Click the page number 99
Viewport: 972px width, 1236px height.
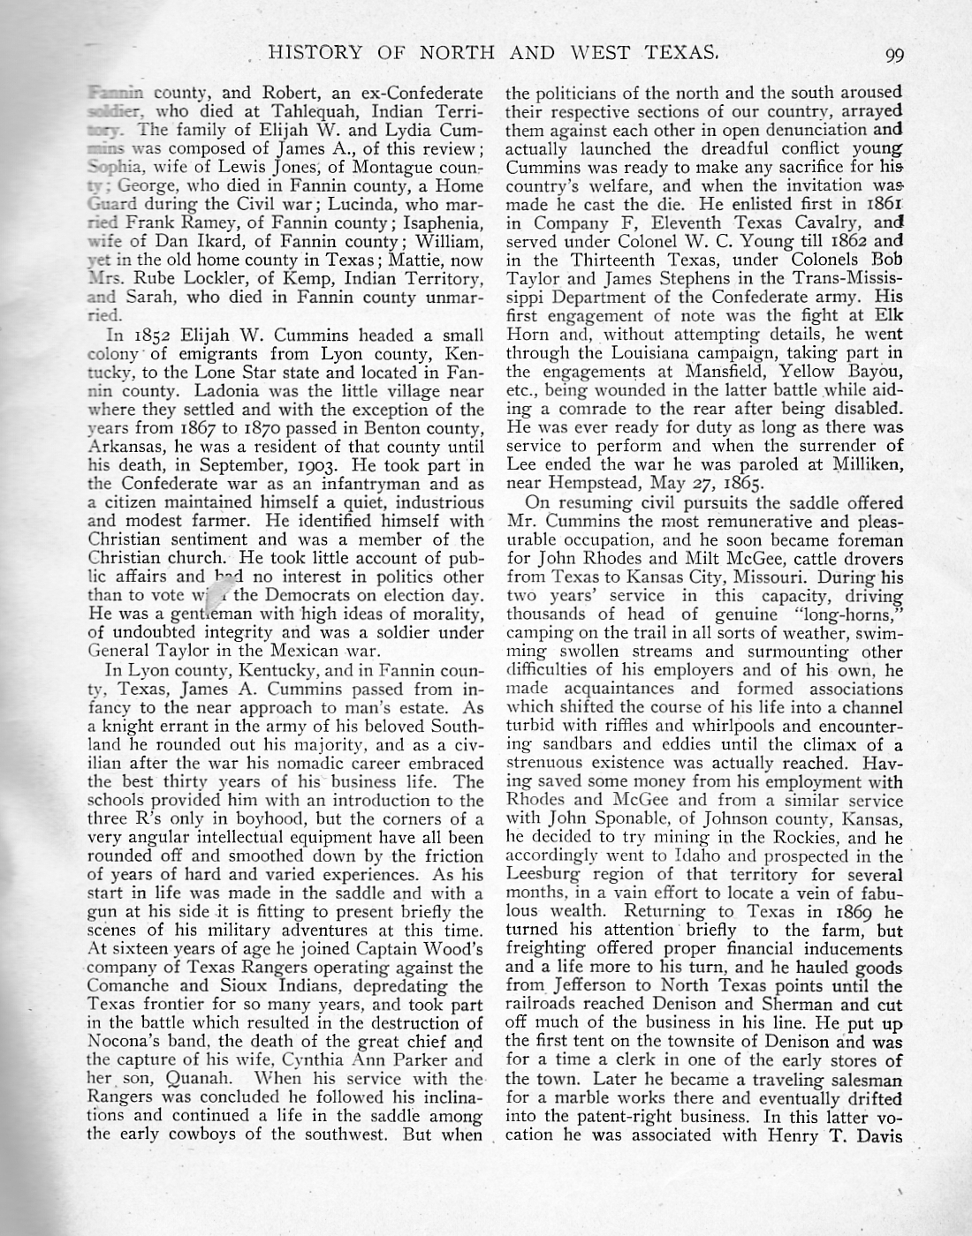pyautogui.click(x=894, y=54)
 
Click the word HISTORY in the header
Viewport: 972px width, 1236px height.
pyautogui.click(x=308, y=53)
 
